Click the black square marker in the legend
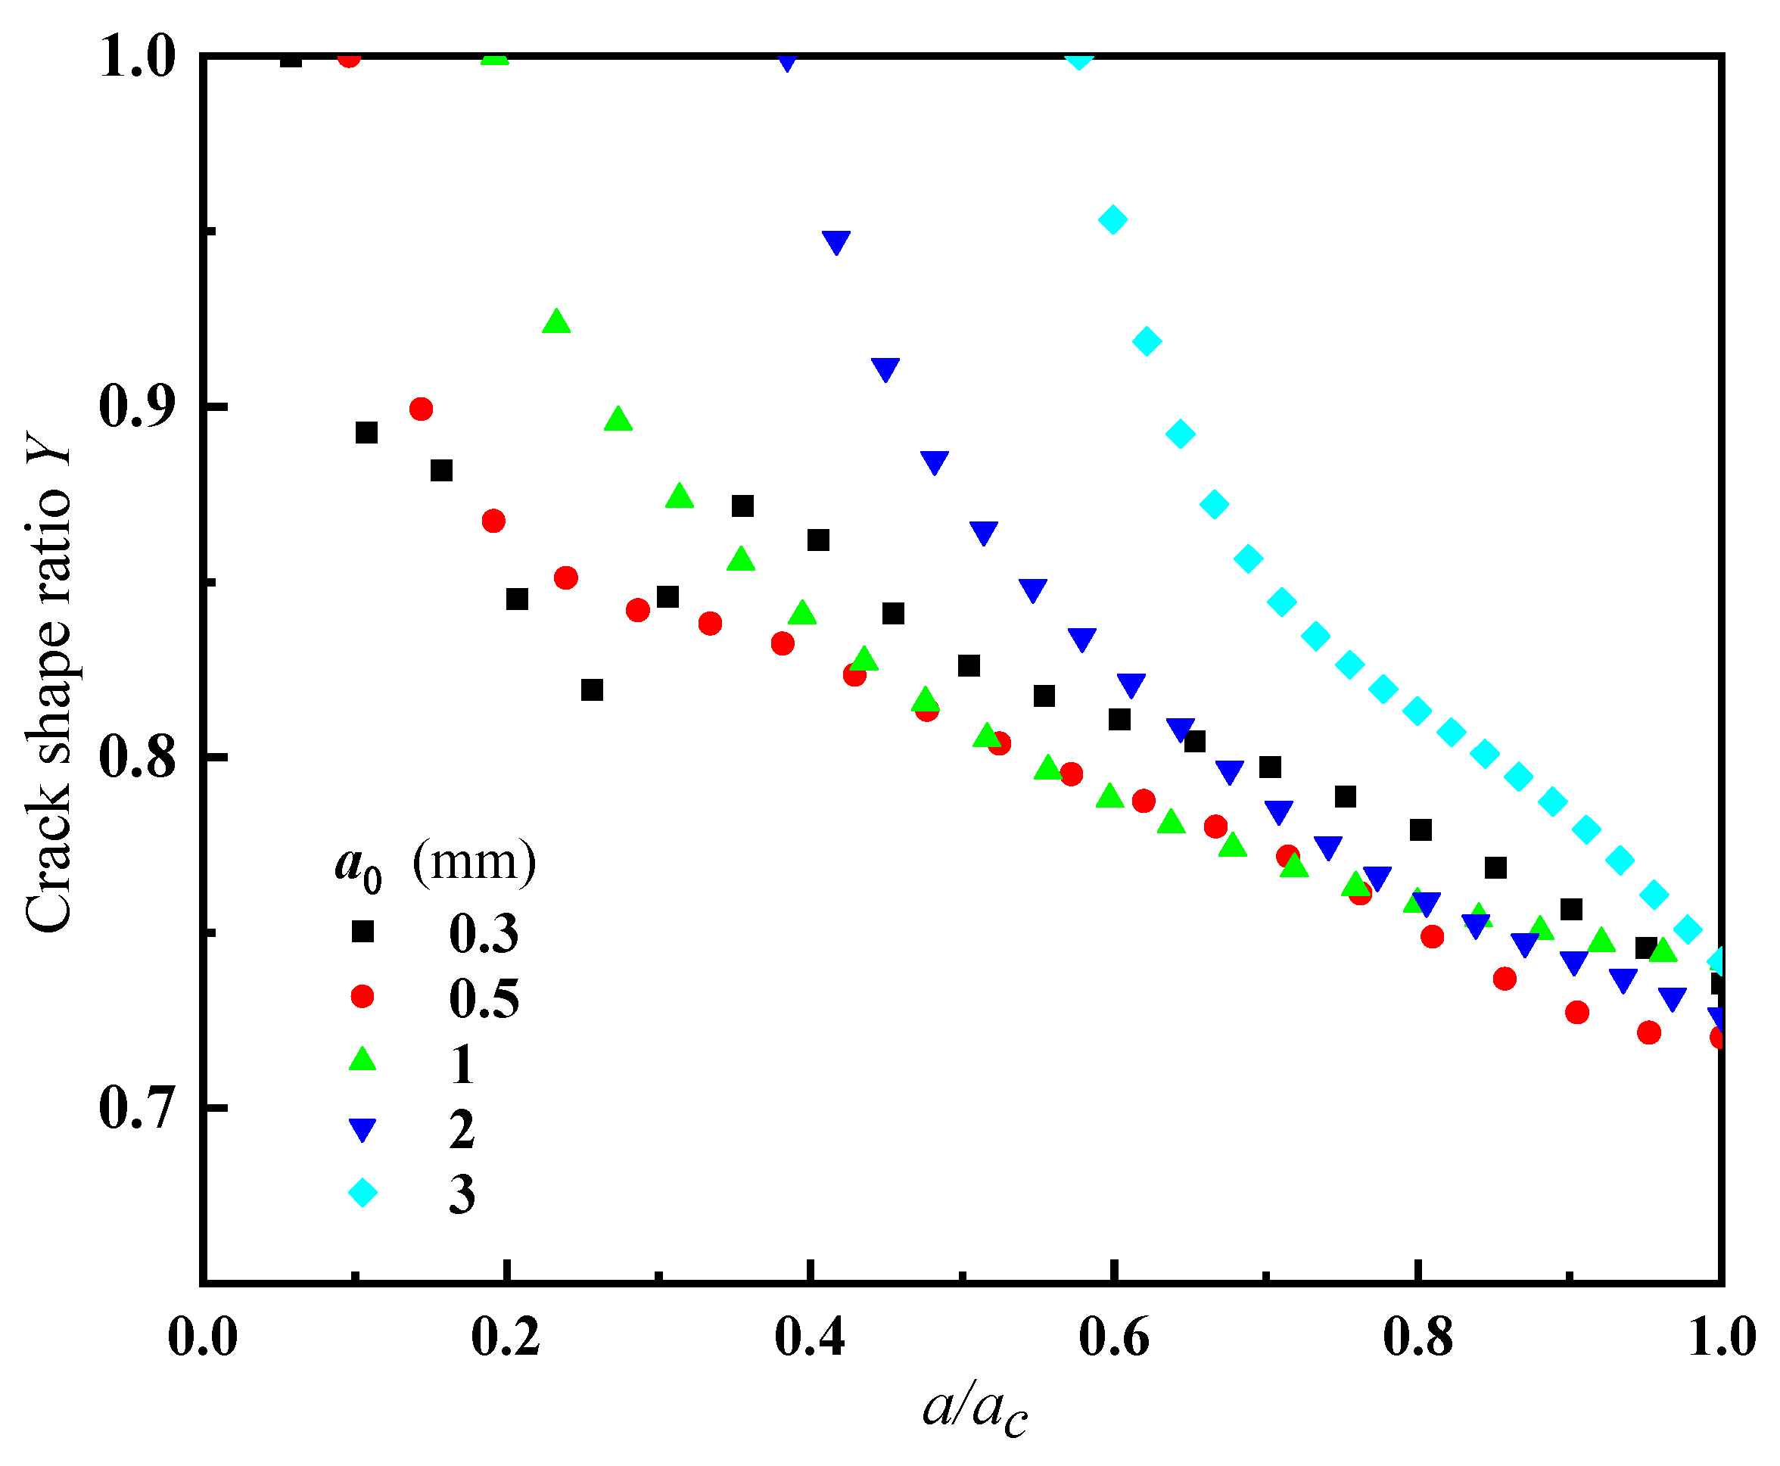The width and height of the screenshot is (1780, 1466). tap(363, 932)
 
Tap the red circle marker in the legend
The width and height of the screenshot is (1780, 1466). tap(363, 998)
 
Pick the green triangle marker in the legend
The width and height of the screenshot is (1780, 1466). tap(363, 1060)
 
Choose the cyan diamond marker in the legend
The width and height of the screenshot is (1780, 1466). tap(363, 1194)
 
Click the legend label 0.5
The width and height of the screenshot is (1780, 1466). tap(484, 999)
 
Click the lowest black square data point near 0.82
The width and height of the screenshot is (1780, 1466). tap(592, 690)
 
